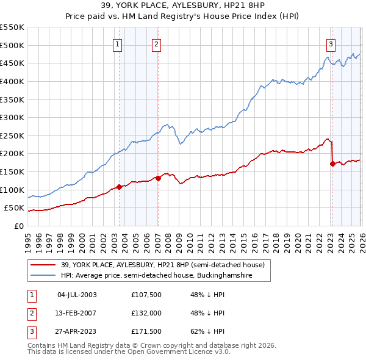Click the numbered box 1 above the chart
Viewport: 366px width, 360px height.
[117, 43]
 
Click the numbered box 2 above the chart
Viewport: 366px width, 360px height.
[156, 43]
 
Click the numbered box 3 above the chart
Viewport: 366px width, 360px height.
[331, 43]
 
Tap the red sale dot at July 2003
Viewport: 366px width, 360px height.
[120, 187]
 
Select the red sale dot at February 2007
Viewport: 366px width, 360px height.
[158, 178]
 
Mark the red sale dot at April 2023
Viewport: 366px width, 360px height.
[332, 164]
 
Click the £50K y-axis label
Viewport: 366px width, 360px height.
[15, 208]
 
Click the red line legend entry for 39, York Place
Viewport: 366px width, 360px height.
[162, 265]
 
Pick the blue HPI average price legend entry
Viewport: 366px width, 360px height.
[165, 276]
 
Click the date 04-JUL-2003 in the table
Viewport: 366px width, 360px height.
[76, 295]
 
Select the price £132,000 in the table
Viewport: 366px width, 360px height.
[146, 313]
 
